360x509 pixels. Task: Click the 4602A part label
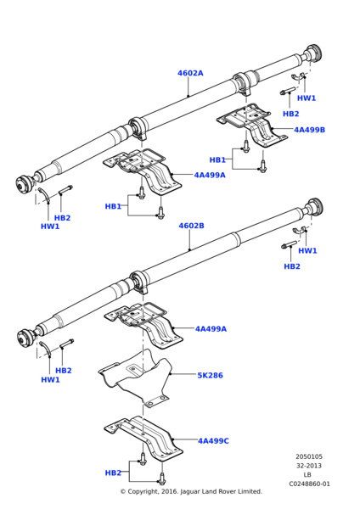(190, 73)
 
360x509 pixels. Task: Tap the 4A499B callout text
(310, 131)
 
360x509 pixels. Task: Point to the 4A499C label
(214, 441)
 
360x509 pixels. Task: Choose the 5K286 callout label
(210, 375)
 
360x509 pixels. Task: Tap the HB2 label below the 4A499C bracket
(113, 473)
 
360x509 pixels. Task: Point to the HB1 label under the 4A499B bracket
(217, 159)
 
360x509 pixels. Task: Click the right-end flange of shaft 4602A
(313, 53)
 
